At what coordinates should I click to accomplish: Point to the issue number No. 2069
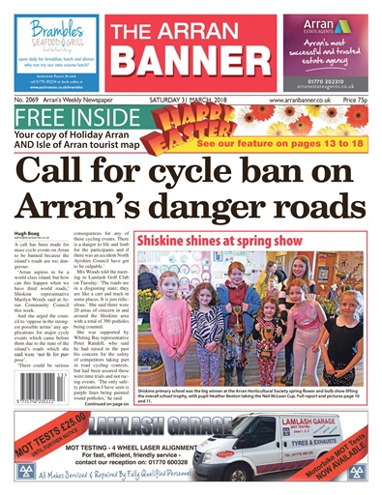point(32,101)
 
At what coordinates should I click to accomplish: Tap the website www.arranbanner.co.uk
point(301,101)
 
